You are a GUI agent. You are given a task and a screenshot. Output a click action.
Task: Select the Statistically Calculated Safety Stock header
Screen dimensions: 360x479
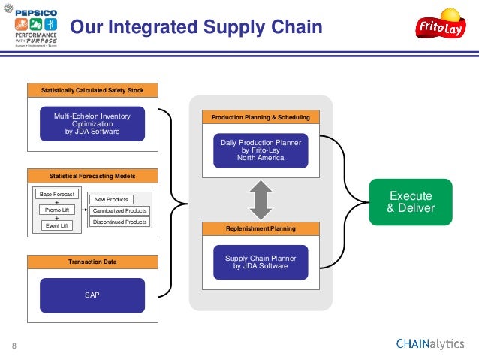[x=92, y=90]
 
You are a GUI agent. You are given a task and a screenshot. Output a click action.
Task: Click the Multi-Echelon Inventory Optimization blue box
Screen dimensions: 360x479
[x=92, y=124]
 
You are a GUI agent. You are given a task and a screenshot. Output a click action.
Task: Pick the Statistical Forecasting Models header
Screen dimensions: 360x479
[x=92, y=175]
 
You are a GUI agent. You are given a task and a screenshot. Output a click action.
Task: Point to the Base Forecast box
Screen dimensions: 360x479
[x=57, y=195]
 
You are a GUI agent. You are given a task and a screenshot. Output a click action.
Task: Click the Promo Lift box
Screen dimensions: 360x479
[x=57, y=210]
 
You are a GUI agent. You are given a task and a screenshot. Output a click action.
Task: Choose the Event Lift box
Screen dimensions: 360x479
[x=57, y=225]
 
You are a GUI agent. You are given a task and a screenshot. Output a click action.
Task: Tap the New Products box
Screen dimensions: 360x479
[x=110, y=199]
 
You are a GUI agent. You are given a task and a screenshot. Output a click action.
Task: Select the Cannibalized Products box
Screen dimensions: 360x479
[x=119, y=210]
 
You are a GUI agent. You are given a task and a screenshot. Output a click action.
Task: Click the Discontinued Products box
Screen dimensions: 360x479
[x=119, y=222]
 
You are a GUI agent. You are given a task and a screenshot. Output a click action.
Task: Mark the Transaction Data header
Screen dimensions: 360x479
[x=92, y=262]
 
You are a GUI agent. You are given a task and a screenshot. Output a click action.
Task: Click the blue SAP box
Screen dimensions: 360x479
[x=92, y=295]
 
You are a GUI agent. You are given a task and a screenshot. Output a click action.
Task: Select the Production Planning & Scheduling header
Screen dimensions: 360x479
[x=261, y=118]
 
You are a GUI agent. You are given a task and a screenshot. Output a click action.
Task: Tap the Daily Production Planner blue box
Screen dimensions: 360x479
[x=261, y=150]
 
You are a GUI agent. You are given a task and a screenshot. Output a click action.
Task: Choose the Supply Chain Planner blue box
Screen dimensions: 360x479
[x=261, y=262]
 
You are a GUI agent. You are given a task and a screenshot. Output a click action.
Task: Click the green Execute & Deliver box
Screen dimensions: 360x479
[x=411, y=201]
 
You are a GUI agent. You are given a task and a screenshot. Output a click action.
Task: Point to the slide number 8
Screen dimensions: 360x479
[x=14, y=346]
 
